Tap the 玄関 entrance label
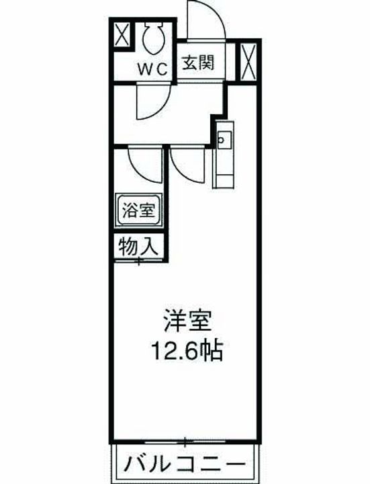(199, 64)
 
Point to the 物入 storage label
(138, 246)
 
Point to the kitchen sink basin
(224, 139)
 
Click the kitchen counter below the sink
(223, 168)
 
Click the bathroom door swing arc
(144, 165)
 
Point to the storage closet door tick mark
(139, 259)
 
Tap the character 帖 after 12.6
(214, 352)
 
